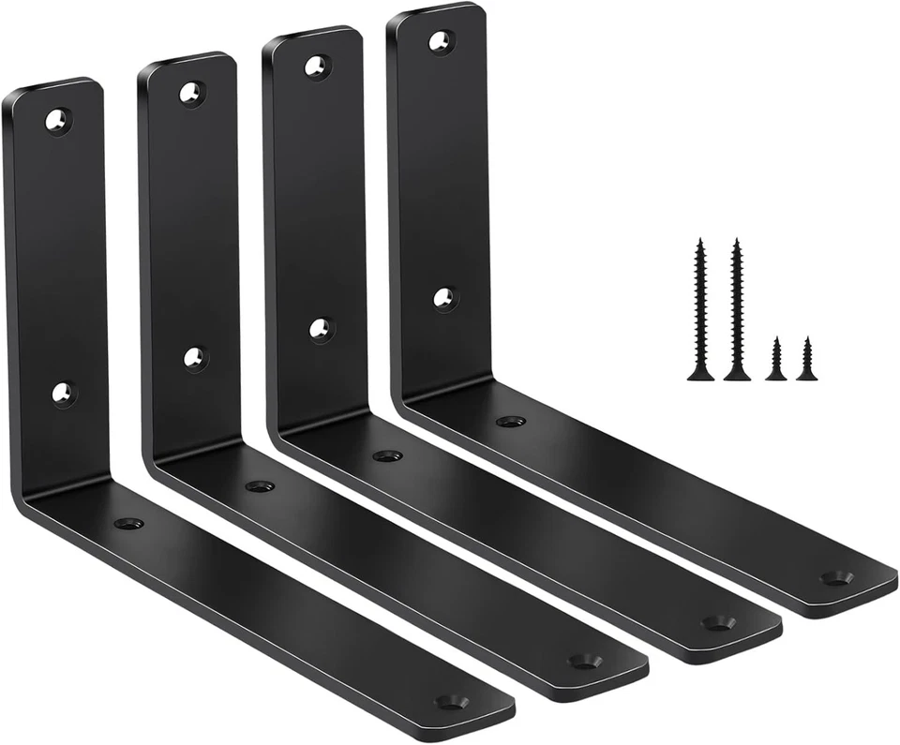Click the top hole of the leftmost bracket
click(x=58, y=120)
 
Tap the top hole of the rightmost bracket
click(x=440, y=41)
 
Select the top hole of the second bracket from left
click(x=191, y=93)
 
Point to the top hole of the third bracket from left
click(x=317, y=67)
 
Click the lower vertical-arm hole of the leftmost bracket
click(x=63, y=393)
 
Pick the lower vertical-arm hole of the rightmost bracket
click(x=444, y=299)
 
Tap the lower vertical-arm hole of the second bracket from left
click(x=195, y=358)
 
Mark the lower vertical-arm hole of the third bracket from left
click(x=321, y=328)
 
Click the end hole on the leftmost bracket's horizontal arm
click(x=452, y=700)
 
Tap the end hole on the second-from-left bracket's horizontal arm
click(x=585, y=661)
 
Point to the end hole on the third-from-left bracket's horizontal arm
click(x=718, y=621)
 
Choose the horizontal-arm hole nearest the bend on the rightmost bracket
click(x=511, y=422)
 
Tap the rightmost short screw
click(x=805, y=360)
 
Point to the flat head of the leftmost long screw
click(x=700, y=377)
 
